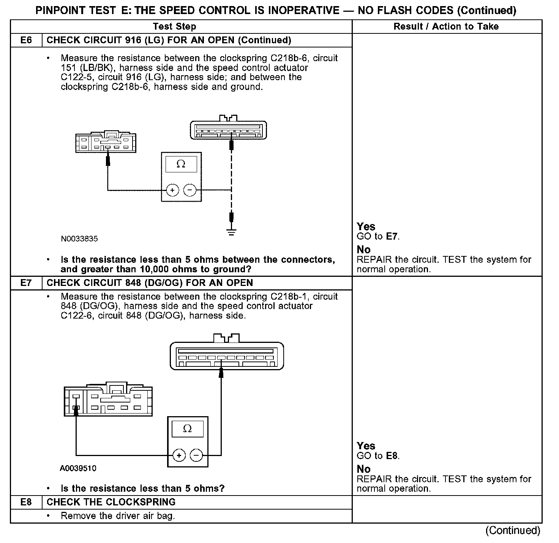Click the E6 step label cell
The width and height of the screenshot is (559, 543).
click(26, 40)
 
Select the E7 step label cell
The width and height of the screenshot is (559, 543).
click(26, 283)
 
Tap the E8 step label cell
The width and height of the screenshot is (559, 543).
click(26, 502)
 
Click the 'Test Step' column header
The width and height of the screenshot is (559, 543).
click(174, 27)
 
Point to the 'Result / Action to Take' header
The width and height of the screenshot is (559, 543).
click(446, 27)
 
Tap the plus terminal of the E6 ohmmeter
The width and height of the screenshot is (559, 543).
click(172, 190)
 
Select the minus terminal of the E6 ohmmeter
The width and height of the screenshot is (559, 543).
click(190, 190)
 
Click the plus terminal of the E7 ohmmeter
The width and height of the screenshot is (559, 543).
click(179, 455)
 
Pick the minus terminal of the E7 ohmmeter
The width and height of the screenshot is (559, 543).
click(196, 455)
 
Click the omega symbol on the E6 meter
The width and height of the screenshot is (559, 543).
click(181, 164)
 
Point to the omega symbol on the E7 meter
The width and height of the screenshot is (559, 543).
click(187, 429)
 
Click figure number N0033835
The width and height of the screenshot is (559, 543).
click(79, 239)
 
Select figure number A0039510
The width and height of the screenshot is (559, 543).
click(78, 468)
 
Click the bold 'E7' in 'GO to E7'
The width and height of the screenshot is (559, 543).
click(392, 237)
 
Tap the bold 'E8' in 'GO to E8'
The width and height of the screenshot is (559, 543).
click(392, 456)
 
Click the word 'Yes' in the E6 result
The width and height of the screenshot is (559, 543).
click(366, 227)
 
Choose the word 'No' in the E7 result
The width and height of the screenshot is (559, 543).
click(363, 469)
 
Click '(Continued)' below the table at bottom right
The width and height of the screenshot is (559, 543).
click(513, 530)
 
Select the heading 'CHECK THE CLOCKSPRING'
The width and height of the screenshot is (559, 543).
click(111, 502)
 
